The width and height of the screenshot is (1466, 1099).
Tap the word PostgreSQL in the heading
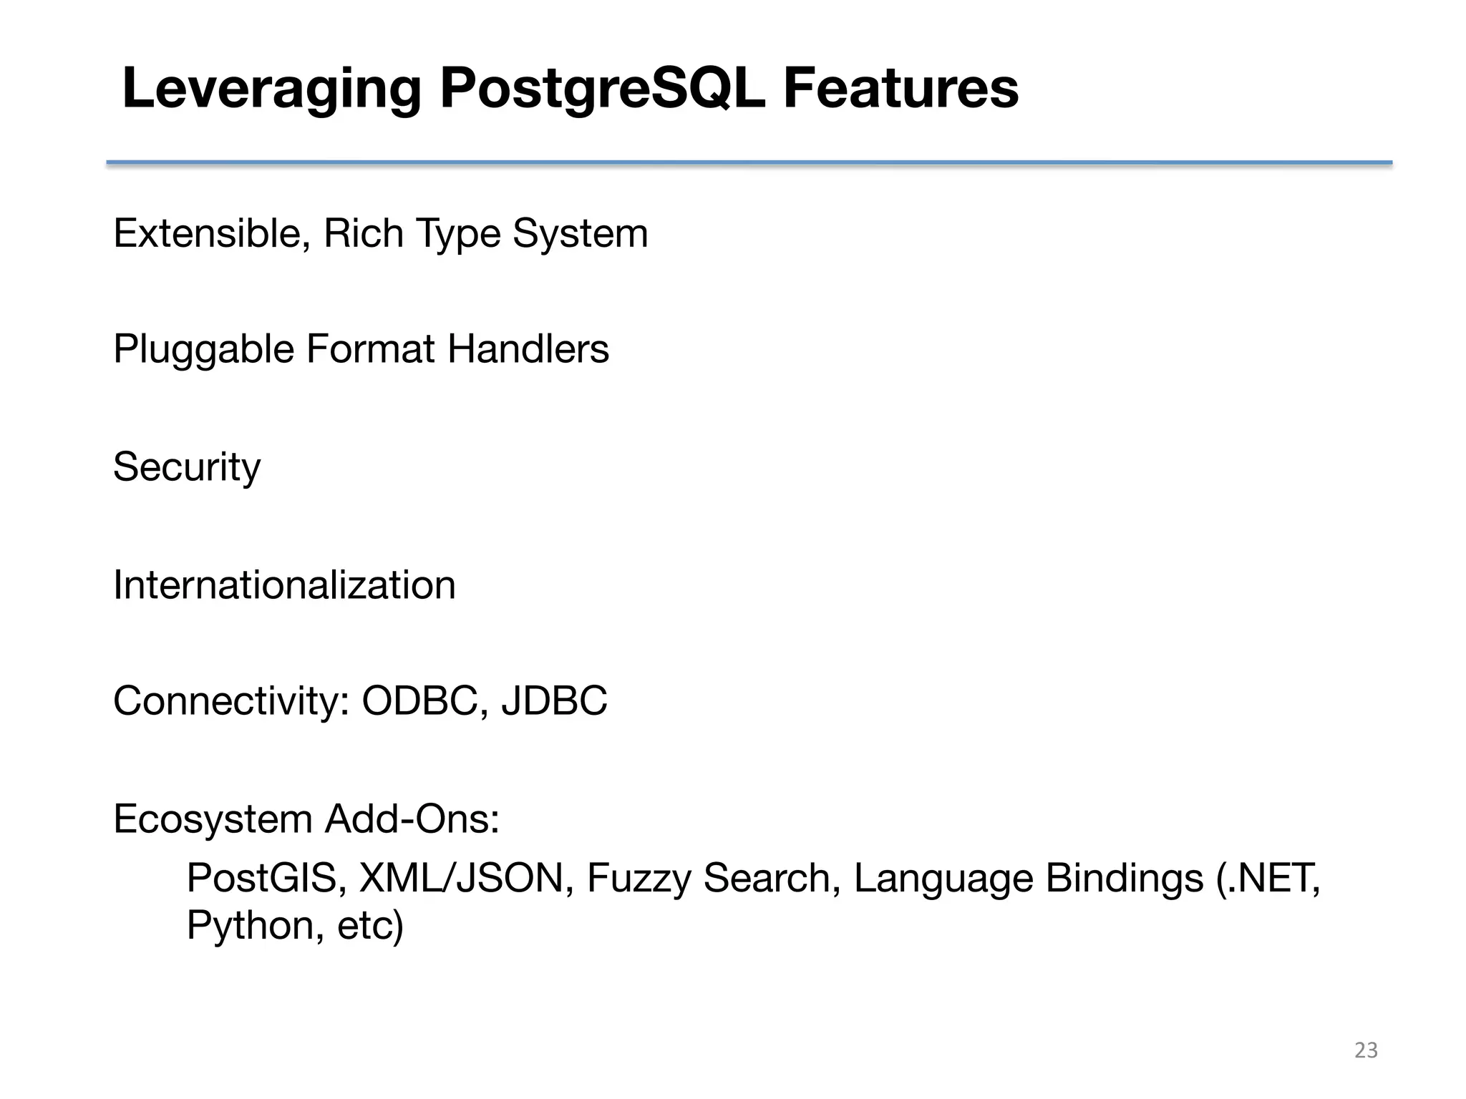(x=602, y=89)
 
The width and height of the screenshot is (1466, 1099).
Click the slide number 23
(x=1366, y=1050)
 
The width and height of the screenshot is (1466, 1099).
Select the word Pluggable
(x=203, y=351)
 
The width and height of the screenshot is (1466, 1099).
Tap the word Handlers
(x=528, y=349)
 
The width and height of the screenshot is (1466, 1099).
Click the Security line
(x=187, y=468)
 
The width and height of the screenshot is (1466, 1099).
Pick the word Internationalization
(x=284, y=585)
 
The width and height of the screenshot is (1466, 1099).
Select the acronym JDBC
(x=554, y=700)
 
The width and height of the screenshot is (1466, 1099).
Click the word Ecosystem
(x=213, y=819)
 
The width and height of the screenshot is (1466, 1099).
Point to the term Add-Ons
(x=411, y=819)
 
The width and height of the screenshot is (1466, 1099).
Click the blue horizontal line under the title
(x=749, y=163)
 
